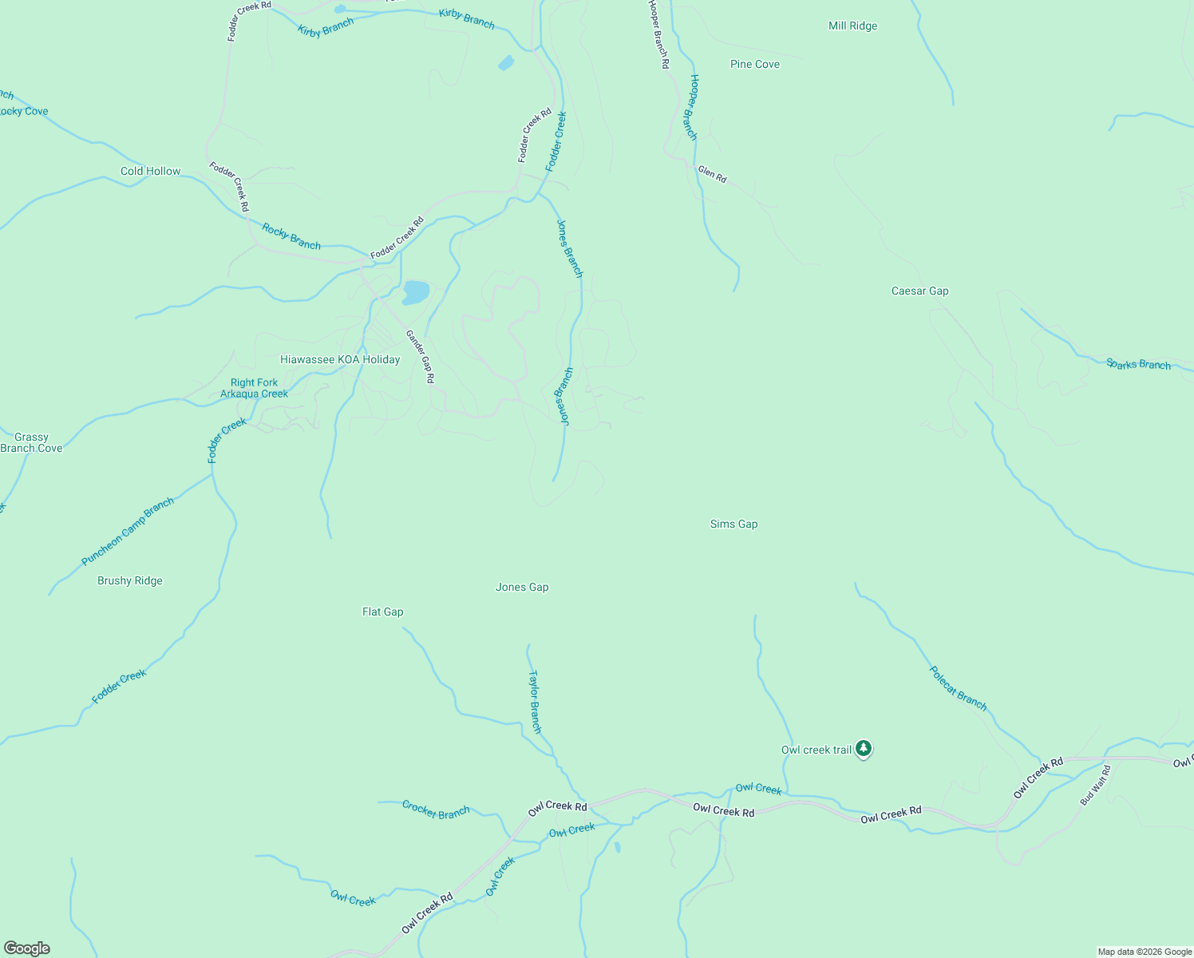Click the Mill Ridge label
(x=852, y=26)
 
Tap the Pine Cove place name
(x=754, y=65)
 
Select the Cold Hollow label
(x=150, y=172)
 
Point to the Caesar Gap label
(x=919, y=291)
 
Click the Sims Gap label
(x=733, y=525)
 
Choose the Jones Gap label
(x=522, y=588)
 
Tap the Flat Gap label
(x=382, y=612)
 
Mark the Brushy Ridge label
(x=129, y=581)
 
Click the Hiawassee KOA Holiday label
(x=340, y=360)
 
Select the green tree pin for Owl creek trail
(x=863, y=749)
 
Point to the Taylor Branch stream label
(x=535, y=702)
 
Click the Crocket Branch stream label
(x=436, y=810)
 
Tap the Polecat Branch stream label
(x=959, y=688)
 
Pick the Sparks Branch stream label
(x=1138, y=365)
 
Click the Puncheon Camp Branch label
(x=128, y=532)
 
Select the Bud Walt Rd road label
(x=1095, y=786)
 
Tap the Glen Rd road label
(x=712, y=174)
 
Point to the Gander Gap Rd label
(x=420, y=357)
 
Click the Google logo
(x=27, y=948)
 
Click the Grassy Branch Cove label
(x=31, y=443)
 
